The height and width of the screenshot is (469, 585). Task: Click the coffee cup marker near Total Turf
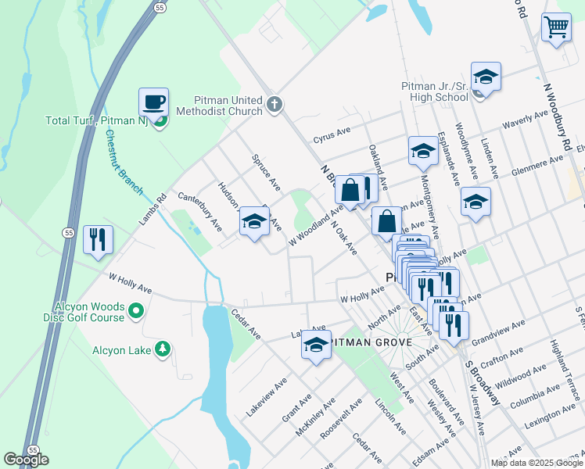[153, 102]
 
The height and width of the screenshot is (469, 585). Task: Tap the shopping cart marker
[556, 28]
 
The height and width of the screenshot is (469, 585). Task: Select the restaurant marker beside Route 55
[98, 239]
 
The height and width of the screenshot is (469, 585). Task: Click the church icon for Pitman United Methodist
[274, 104]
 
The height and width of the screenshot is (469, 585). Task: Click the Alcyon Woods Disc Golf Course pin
[137, 313]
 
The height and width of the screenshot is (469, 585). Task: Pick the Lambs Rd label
[154, 210]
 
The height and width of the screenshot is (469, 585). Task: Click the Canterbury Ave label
[200, 211]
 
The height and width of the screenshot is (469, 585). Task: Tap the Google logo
[26, 460]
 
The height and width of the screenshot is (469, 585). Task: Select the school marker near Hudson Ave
[254, 222]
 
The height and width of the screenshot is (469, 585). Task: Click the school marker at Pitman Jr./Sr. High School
[486, 77]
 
